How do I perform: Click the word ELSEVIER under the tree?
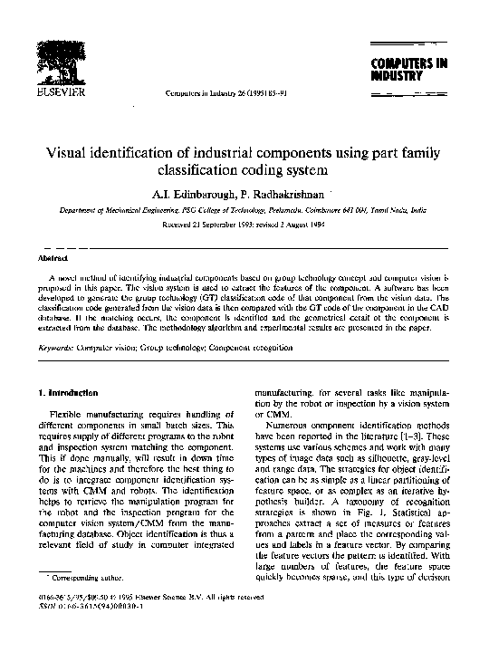(x=59, y=92)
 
